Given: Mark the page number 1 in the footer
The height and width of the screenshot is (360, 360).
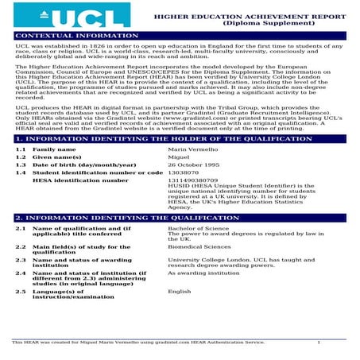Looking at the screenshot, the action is point(318,343).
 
